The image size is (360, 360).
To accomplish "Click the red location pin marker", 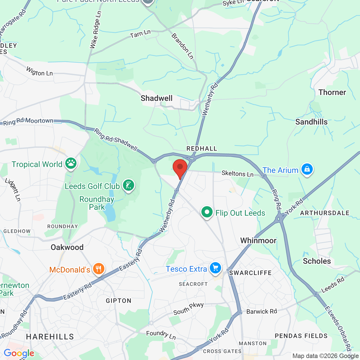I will (x=180, y=168).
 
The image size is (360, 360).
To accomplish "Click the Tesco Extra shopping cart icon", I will (x=215, y=268).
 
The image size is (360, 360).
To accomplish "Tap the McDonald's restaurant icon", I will (x=98, y=269).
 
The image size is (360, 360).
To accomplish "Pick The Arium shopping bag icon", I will (x=307, y=169).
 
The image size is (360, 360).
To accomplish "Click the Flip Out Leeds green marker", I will (x=207, y=212).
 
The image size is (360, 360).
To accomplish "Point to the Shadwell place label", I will (x=157, y=98).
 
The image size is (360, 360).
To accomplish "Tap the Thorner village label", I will (x=332, y=93).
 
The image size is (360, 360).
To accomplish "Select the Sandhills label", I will (x=311, y=122).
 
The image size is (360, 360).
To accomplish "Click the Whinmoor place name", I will (x=258, y=240).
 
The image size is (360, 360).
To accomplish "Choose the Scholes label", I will (x=317, y=261).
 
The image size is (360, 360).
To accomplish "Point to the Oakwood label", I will (x=67, y=247).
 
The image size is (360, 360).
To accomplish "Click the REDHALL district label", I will (x=202, y=148).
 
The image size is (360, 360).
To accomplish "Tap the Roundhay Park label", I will (x=97, y=203).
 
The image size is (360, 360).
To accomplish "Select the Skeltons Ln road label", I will (x=237, y=174).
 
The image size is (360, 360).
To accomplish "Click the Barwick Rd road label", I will (x=262, y=311).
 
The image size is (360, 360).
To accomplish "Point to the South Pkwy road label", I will (x=188, y=309).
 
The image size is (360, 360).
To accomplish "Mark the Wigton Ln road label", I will (x=39, y=71).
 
